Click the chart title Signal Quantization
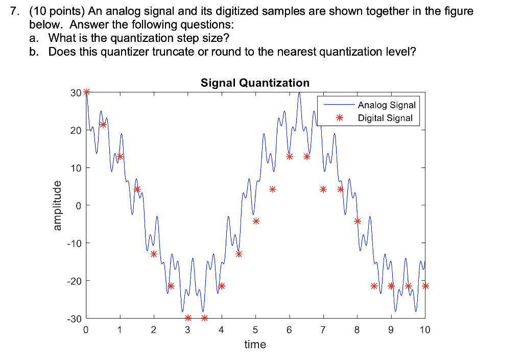[x=255, y=83]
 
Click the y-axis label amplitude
[x=58, y=205]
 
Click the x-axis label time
[x=255, y=344]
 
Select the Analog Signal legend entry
[x=387, y=105]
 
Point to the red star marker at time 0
[x=86, y=92]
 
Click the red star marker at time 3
[x=188, y=318]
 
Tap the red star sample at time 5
[x=256, y=221]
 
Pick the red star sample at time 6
[x=290, y=156]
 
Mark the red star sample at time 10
[x=425, y=286]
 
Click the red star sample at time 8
[x=358, y=221]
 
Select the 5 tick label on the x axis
[x=255, y=330]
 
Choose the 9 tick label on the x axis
[x=391, y=330]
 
